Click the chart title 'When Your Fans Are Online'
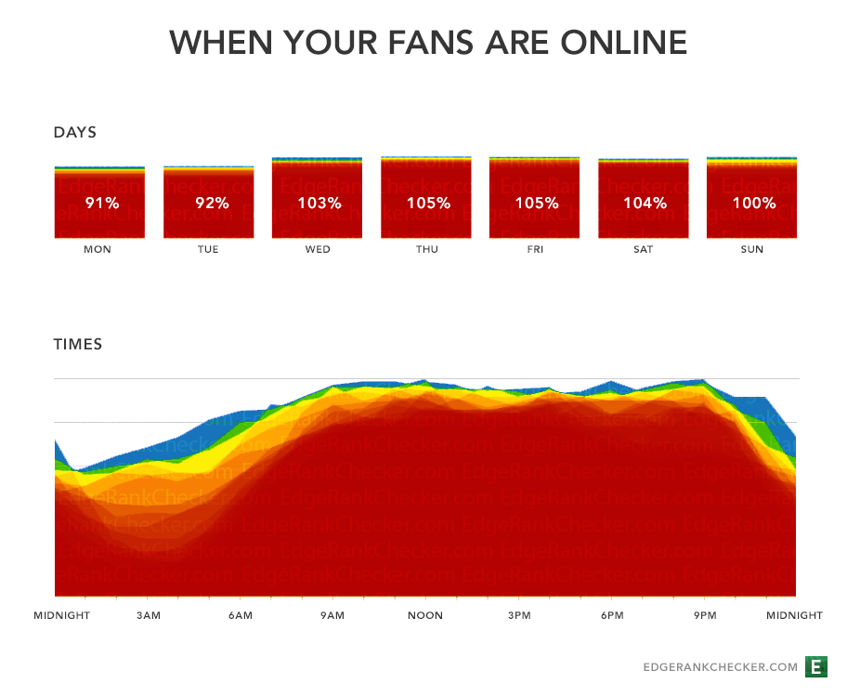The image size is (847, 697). coord(428,42)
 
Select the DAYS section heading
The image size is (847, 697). coord(75,132)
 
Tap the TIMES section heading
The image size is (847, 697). coord(78,344)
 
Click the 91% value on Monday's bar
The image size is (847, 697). coord(101,203)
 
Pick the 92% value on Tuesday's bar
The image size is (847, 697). coord(211,203)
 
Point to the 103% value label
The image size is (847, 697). coord(318,203)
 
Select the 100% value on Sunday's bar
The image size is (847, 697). coord(752,203)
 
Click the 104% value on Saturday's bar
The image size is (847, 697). coord(644,203)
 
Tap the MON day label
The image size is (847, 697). coord(98,249)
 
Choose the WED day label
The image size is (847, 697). coord(318,249)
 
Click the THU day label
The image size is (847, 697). coord(426,249)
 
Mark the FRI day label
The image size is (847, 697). coord(535,249)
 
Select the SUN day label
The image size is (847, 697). coord(752,249)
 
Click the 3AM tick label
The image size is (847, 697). coord(148,615)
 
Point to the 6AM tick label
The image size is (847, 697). coord(241,615)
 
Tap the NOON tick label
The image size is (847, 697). coord(425,615)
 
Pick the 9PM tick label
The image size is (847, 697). coord(705,615)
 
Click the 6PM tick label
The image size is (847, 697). coord(612,615)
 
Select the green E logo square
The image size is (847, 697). coord(816,666)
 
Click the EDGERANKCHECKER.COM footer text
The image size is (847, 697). coord(721,667)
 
